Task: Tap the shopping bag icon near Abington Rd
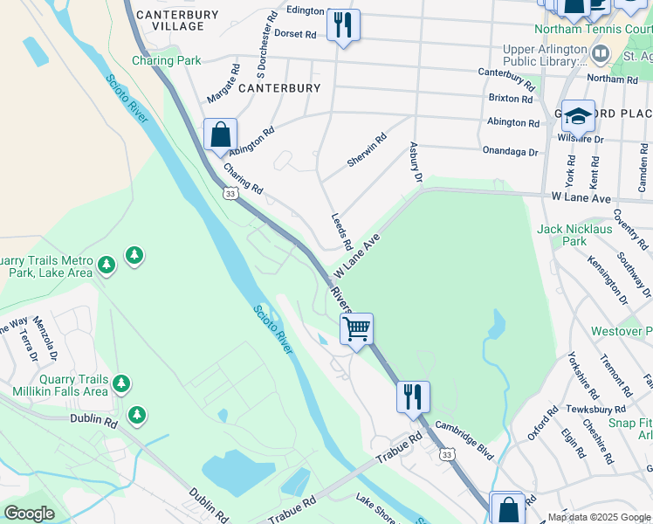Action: pyautogui.click(x=221, y=134)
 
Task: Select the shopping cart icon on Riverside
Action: pyautogui.click(x=356, y=329)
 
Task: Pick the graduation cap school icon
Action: pyautogui.click(x=578, y=116)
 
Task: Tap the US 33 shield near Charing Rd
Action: pyautogui.click(x=230, y=193)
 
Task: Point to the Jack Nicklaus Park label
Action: pyautogui.click(x=574, y=234)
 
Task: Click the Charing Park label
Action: pyautogui.click(x=166, y=60)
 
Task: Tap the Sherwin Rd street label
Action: pyautogui.click(x=367, y=150)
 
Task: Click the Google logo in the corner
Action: pyautogui.click(x=29, y=514)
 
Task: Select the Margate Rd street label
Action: pyautogui.click(x=223, y=81)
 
